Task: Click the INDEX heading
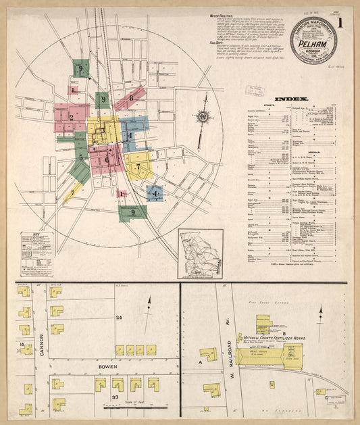(292, 99)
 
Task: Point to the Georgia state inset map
(200, 254)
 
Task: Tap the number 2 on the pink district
(70, 118)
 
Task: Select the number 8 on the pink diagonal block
(131, 98)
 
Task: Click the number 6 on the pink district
(106, 159)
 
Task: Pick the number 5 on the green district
(80, 157)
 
